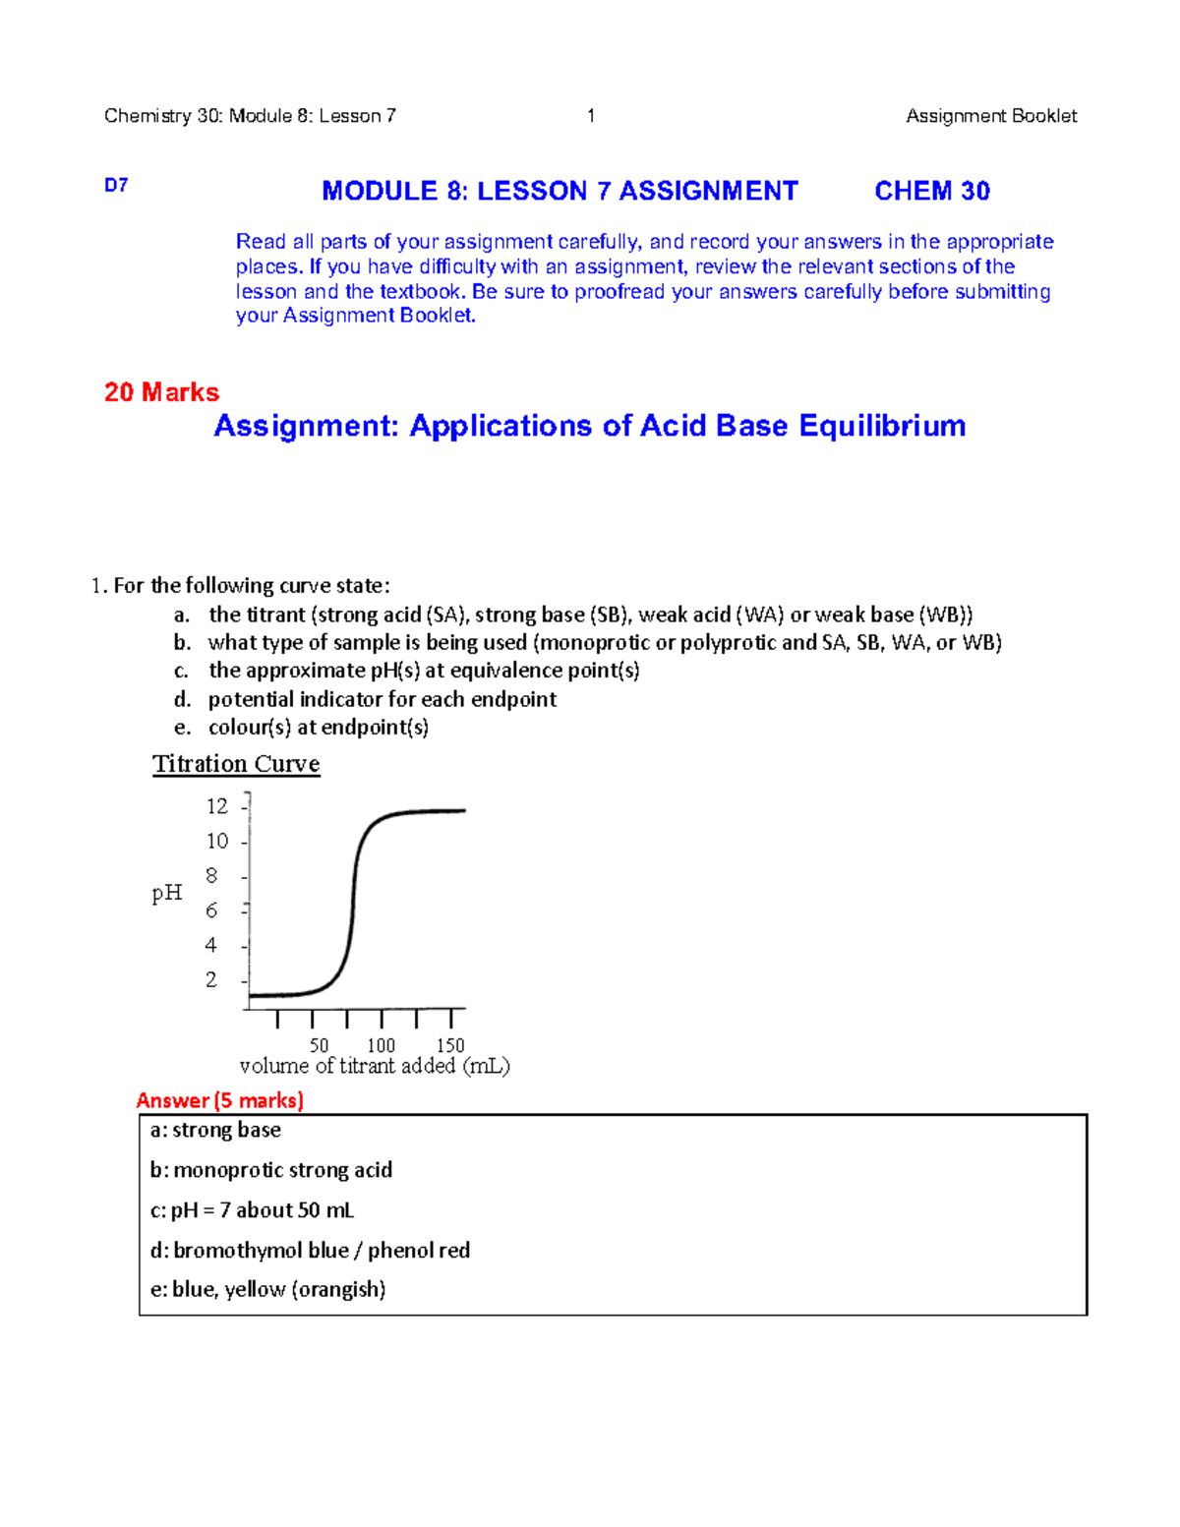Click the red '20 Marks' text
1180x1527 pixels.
[161, 392]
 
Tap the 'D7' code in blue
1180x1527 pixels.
[116, 185]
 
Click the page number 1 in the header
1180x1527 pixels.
[591, 116]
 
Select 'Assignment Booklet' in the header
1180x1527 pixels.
[990, 116]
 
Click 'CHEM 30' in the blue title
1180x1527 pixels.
[931, 191]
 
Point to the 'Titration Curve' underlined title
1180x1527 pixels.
[236, 764]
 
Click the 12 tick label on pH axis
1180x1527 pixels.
[216, 806]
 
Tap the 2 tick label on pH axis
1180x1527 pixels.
[211, 979]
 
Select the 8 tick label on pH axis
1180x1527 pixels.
[211, 875]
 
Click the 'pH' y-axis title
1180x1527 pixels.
[167, 893]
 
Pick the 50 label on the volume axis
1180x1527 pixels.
[319, 1045]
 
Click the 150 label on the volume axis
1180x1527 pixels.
[450, 1045]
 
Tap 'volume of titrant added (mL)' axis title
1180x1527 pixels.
[375, 1066]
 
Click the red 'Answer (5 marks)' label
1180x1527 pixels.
[220, 1100]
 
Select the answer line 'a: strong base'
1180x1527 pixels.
[216, 1131]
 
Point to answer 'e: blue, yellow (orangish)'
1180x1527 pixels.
[267, 1290]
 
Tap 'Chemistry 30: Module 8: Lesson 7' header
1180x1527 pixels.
[250, 116]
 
